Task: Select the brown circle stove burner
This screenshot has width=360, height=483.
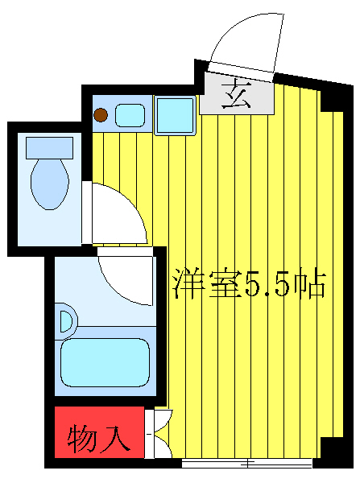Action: click(x=100, y=115)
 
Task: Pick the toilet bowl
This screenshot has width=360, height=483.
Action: click(x=49, y=183)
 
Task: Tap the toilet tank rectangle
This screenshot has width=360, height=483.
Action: click(x=49, y=147)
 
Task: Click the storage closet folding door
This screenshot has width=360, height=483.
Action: click(x=159, y=435)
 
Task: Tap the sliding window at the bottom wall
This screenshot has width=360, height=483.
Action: click(x=246, y=463)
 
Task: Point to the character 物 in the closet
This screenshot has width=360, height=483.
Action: click(x=82, y=439)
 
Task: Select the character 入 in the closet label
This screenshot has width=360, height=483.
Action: click(x=114, y=439)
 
